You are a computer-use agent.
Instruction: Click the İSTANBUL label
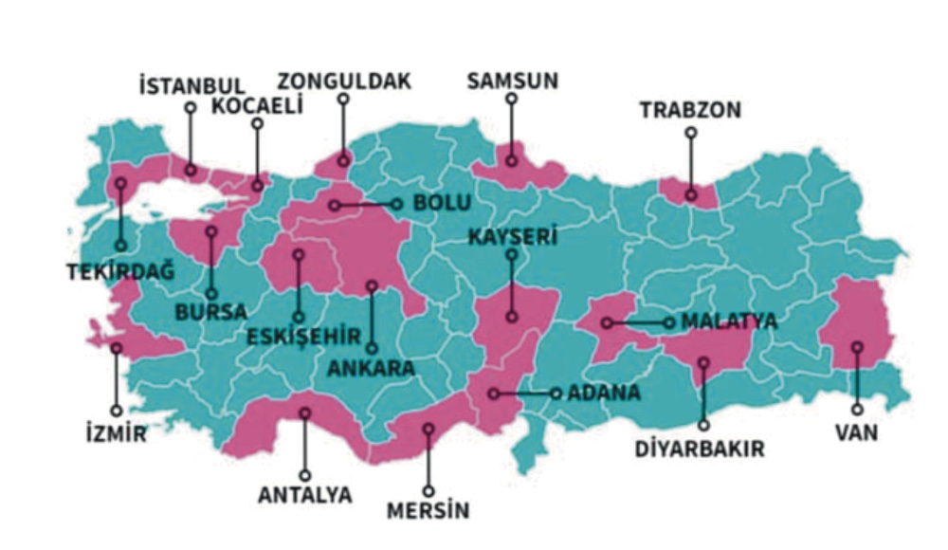pyautogui.click(x=192, y=87)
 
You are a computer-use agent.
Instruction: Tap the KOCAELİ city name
pyautogui.click(x=257, y=106)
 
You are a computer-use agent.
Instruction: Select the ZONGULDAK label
pyautogui.click(x=344, y=82)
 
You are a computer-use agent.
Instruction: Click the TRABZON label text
pyautogui.click(x=690, y=111)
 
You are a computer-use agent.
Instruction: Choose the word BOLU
pyautogui.click(x=443, y=203)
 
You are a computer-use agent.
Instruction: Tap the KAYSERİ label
pyautogui.click(x=512, y=236)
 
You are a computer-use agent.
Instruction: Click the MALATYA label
pyautogui.click(x=728, y=322)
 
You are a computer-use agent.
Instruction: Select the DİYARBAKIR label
pyautogui.click(x=702, y=449)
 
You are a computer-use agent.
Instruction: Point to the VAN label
pyautogui.click(x=857, y=433)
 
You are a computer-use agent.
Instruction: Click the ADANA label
pyautogui.click(x=604, y=393)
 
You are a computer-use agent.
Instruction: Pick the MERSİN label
pyautogui.click(x=428, y=512)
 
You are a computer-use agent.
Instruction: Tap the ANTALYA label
pyautogui.click(x=304, y=495)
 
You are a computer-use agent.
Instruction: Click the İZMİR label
pyautogui.click(x=116, y=435)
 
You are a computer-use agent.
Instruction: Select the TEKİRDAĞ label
pyautogui.click(x=120, y=272)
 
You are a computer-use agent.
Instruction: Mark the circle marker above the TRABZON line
pyautogui.click(x=691, y=133)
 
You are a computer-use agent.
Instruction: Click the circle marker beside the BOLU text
pyautogui.click(x=397, y=204)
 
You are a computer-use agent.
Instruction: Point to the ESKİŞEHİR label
pyautogui.click(x=303, y=336)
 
